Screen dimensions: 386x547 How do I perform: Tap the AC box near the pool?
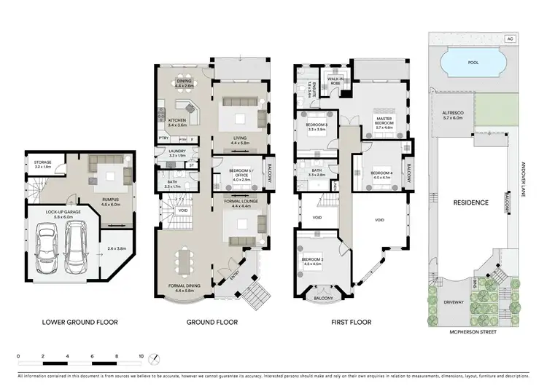pyautogui.click(x=510, y=39)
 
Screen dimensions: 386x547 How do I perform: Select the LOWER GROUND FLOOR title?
pyautogui.click(x=79, y=321)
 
